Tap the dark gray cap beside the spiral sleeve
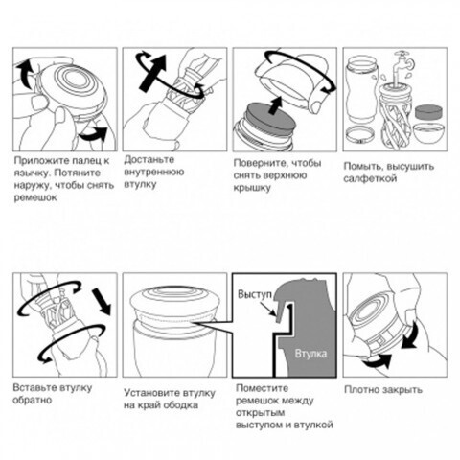pos(429,112)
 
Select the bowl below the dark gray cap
pos(428,133)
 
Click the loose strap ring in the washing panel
pos(360,135)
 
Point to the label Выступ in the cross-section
pos(255,294)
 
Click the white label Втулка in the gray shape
pos(310,354)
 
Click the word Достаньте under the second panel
pos(149,159)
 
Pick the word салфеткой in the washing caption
pos(370,178)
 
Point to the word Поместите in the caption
pos(262,388)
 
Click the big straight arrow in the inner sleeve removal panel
pos(153,73)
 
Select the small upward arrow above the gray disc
pos(275,105)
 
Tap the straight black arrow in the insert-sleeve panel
pos(102,301)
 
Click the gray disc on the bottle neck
pos(267,119)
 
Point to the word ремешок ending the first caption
pos(35,197)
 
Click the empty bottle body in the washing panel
pos(361,89)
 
